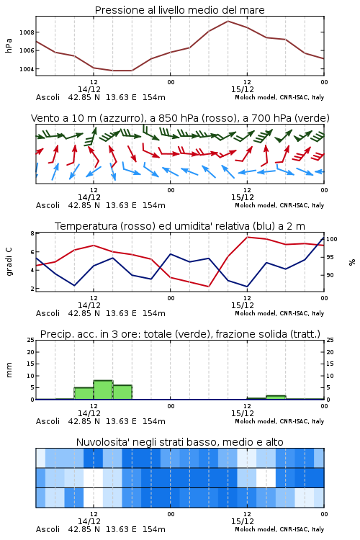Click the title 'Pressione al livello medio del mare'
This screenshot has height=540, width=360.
(179, 10)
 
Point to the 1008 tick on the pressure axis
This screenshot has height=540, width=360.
(27, 32)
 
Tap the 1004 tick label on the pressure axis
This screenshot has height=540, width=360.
(27, 69)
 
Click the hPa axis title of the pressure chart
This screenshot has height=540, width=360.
(9, 45)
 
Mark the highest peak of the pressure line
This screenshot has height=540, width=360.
(228, 21)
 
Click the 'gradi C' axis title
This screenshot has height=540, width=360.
(9, 262)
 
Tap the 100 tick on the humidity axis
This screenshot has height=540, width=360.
(332, 239)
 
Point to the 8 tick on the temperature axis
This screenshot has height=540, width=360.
(32, 233)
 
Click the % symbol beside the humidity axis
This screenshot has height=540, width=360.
(352, 262)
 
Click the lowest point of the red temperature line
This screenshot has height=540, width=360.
(208, 286)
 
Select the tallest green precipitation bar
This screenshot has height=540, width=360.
(104, 390)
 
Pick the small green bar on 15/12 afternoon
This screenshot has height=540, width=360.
(276, 397)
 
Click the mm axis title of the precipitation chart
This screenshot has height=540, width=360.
(9, 370)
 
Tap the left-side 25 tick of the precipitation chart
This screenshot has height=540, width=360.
(31, 340)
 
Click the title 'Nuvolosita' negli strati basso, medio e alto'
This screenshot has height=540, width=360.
(179, 442)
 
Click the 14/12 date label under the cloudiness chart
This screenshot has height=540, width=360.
(89, 521)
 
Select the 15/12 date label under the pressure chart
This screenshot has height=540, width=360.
(243, 89)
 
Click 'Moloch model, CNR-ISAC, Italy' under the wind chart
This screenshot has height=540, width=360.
(279, 205)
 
